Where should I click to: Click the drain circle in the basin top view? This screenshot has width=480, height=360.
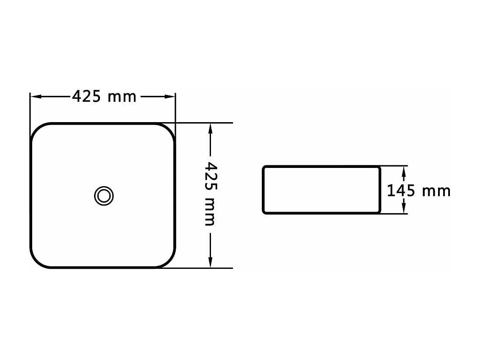(104, 196)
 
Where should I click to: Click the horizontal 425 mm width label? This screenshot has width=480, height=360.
(104, 97)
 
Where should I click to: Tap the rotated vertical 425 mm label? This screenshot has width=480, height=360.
(210, 193)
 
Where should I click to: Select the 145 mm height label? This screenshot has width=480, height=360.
(419, 191)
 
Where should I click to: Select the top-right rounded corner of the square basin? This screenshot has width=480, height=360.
(169, 129)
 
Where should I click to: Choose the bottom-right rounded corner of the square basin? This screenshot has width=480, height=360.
(169, 261)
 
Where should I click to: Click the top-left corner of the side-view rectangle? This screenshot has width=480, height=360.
(264, 167)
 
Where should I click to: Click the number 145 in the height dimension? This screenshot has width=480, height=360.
(401, 191)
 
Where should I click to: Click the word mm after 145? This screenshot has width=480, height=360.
(436, 192)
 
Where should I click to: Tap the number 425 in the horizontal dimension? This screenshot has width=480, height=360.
(86, 97)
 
